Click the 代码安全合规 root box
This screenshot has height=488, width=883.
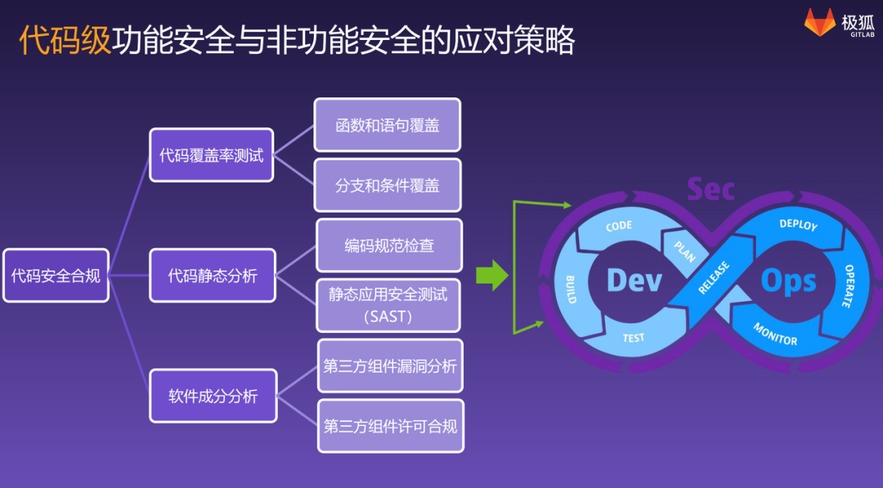(56, 275)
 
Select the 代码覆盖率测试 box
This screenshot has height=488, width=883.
(211, 155)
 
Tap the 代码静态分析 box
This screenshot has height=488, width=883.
(213, 275)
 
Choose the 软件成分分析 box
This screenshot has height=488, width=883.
(213, 396)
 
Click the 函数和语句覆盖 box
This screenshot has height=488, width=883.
(388, 125)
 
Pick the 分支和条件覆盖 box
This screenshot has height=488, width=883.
(388, 186)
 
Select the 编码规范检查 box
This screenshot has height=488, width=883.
(389, 245)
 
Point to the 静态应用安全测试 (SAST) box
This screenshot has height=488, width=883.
(389, 305)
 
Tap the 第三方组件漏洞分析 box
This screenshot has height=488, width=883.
(390, 365)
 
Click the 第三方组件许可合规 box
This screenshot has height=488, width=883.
(390, 426)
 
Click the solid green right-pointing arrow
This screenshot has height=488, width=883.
(491, 275)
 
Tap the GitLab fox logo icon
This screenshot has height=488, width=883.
(819, 22)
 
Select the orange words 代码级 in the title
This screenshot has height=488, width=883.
(65, 39)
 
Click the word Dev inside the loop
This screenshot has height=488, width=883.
(634, 280)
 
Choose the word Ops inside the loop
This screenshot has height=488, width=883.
(788, 280)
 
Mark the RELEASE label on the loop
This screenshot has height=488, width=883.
(714, 278)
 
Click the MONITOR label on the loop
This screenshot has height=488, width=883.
(774, 334)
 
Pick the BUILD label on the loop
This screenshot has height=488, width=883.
(571, 289)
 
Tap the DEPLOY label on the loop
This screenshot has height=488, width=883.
(797, 224)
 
